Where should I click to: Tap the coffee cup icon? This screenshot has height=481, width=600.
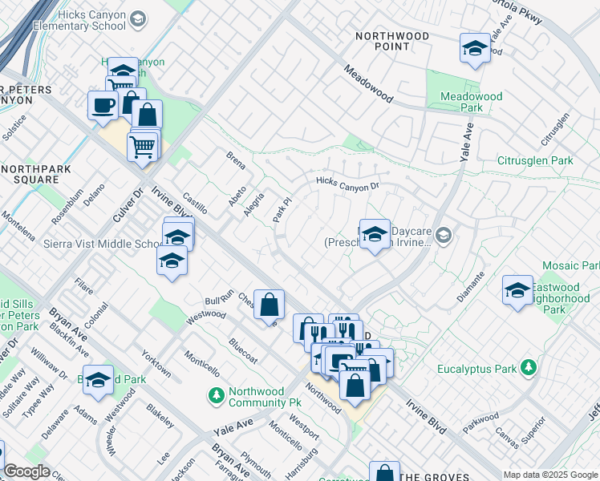[x=103, y=106]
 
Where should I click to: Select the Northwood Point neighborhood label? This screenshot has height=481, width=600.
[x=391, y=43]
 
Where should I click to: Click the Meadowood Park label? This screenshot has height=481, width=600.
[x=472, y=102]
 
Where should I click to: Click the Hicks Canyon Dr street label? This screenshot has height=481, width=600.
[x=347, y=184]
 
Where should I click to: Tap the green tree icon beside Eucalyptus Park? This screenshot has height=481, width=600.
[x=528, y=368]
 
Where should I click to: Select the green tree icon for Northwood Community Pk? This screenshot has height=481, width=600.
[x=215, y=395]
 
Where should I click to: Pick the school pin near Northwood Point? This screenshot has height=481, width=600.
[x=475, y=49]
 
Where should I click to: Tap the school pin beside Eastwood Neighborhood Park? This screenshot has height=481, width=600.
[x=517, y=290]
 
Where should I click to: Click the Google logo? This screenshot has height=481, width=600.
[x=26, y=471]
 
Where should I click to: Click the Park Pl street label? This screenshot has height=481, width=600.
[x=281, y=212]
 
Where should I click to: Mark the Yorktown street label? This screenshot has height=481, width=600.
[x=156, y=364]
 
